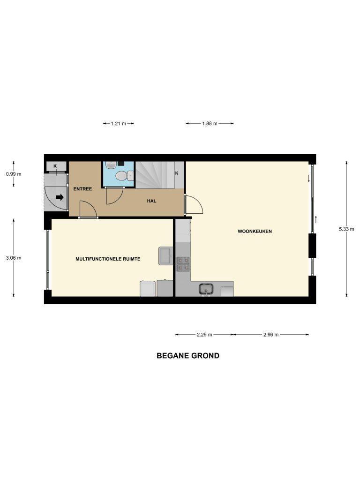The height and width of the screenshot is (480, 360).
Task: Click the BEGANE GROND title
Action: click(187, 356)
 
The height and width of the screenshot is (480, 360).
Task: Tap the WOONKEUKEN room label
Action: click(255, 232)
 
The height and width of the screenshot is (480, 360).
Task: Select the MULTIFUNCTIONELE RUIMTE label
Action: click(108, 259)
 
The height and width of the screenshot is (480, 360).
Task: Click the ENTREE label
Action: click(82, 189)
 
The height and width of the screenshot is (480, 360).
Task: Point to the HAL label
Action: click(151, 201)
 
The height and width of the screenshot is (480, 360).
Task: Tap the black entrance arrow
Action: click(60, 197)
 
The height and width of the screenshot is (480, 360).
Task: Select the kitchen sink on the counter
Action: click(206, 289)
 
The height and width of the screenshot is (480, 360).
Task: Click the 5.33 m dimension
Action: click(346, 229)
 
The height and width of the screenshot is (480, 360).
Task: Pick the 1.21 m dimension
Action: click(119, 124)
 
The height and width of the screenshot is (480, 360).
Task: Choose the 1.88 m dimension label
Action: click(210, 124)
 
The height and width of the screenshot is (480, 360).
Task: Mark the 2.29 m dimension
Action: click(204, 335)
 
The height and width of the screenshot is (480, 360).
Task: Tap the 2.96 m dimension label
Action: click(271, 335)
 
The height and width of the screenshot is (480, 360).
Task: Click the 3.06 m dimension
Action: click(14, 258)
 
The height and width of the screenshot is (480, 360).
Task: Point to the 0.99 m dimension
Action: click(14, 174)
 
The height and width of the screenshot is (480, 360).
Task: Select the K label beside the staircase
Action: click(177, 173)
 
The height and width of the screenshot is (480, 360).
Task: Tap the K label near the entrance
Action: click(55, 166)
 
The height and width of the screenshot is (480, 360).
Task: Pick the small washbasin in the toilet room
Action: click(110, 165)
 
